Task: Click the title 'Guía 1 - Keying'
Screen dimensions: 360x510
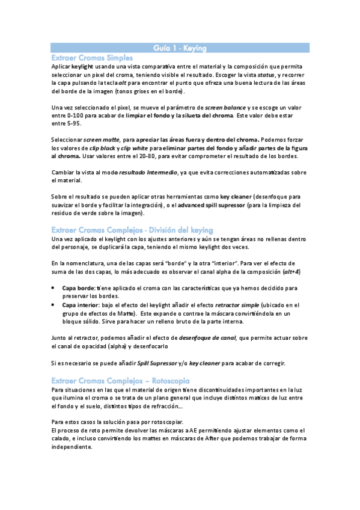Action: click(x=180, y=47)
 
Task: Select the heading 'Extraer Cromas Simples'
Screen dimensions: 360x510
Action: click(x=92, y=57)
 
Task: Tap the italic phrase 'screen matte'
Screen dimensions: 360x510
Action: click(x=102, y=139)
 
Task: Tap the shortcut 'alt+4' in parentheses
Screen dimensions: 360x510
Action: click(x=291, y=272)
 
